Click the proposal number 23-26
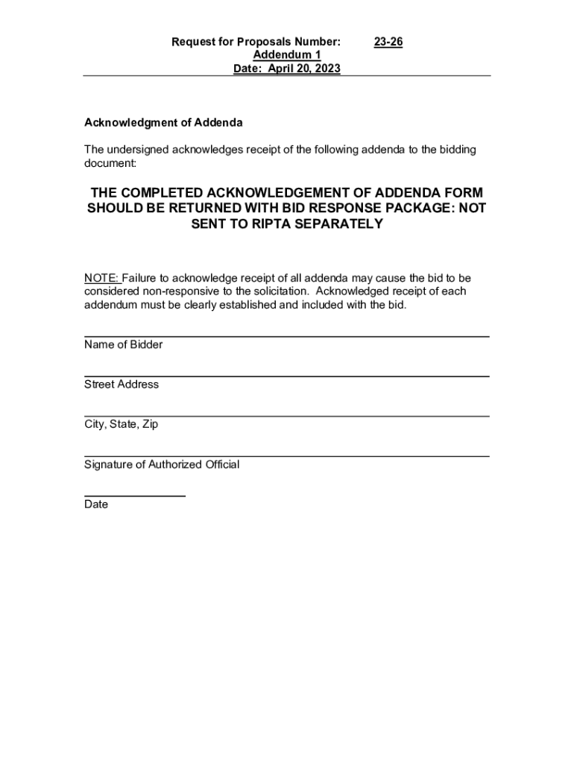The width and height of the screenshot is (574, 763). coord(388,42)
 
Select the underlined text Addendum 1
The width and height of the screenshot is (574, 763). coord(287,56)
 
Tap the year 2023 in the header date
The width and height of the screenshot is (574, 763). coord(327,69)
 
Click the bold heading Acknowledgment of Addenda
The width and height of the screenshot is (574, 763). coord(163,122)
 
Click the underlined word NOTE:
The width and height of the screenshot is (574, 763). coord(102,278)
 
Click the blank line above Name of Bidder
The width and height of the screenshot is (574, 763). coord(286,337)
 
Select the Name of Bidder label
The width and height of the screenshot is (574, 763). coord(123,345)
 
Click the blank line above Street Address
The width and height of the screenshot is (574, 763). coord(286,376)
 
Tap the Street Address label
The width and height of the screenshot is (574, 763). coord(122,384)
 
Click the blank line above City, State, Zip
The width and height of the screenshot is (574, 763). coord(286,416)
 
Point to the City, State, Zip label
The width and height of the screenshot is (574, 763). coord(121,425)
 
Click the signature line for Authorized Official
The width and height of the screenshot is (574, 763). coord(286,455)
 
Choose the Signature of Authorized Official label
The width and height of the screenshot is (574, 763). coord(162,464)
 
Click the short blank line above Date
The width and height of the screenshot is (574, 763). coord(134,496)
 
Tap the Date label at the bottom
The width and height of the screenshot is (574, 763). coord(96,504)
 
